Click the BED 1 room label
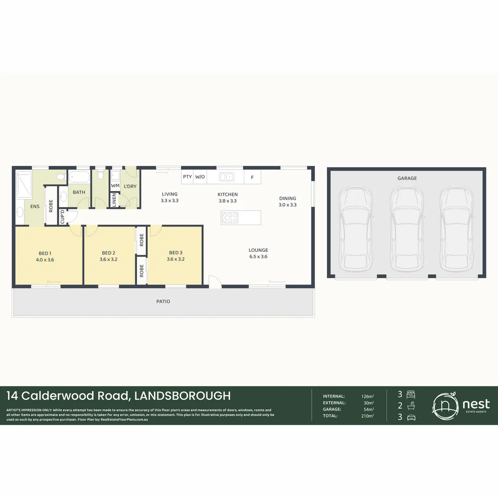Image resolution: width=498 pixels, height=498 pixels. tap(45, 253)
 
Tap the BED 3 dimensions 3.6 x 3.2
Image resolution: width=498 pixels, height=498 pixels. tap(176, 259)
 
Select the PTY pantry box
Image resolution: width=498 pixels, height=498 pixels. tap(187, 177)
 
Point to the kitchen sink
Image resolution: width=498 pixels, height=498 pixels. tap(227, 177)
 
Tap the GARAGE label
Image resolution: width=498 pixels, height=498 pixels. tap(407, 178)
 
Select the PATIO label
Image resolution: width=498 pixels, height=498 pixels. tap(163, 302)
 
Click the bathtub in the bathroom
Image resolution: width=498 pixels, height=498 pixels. tap(79, 177)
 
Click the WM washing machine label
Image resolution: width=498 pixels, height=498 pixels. tap(115, 186)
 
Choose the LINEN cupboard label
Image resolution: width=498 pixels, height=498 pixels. tap(114, 200)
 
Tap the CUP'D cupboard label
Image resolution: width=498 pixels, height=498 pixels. tap(62, 217)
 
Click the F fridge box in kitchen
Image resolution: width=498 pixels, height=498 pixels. tap(252, 177)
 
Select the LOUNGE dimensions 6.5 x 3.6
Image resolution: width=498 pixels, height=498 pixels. tap(258, 257)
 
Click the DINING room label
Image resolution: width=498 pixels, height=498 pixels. tap(287, 199)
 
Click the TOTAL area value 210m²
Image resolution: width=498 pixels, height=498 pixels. tap(368, 416)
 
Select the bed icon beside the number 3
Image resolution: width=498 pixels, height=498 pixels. tap(412, 394)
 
